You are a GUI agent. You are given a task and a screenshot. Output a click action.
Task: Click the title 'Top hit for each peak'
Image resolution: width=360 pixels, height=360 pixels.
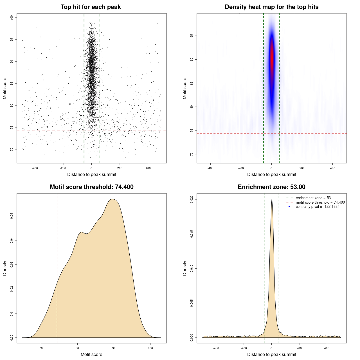(x=91, y=7)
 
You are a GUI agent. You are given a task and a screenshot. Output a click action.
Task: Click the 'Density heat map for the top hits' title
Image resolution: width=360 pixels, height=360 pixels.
(x=271, y=7)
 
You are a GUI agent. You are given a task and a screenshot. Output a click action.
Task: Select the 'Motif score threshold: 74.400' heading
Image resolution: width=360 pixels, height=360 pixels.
(x=91, y=187)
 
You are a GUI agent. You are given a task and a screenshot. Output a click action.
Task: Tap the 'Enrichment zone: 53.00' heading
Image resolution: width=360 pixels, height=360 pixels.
(x=271, y=187)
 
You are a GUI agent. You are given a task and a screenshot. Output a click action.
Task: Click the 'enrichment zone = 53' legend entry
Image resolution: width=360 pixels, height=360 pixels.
(x=313, y=198)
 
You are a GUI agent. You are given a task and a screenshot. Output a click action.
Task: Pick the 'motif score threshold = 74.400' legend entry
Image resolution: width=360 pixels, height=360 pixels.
(x=320, y=202)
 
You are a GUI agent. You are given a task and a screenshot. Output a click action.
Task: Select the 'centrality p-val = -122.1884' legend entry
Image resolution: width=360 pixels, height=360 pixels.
(x=318, y=207)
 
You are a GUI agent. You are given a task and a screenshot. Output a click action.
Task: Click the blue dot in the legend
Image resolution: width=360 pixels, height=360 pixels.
(x=289, y=207)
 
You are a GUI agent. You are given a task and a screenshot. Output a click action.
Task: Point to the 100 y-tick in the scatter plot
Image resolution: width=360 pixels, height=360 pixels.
(x=12, y=17)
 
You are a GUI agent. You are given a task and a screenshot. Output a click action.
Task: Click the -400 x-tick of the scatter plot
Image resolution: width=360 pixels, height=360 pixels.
(x=35, y=168)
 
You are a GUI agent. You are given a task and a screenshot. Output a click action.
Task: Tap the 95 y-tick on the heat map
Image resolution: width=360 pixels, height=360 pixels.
(x=192, y=36)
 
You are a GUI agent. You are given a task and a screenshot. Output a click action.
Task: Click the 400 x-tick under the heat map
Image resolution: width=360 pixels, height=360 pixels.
(x=332, y=168)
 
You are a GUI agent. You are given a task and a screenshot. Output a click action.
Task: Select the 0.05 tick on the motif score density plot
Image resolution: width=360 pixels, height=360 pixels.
(x=12, y=216)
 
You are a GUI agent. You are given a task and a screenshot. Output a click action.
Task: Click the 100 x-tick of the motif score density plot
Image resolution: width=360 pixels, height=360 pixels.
(x=150, y=348)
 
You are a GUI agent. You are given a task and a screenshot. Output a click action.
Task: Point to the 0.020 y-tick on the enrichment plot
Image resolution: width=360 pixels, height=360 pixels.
(x=192, y=200)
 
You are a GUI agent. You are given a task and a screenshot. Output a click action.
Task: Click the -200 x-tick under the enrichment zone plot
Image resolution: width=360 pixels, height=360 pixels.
(x=244, y=348)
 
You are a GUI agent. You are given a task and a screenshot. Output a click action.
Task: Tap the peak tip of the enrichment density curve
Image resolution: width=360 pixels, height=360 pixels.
(x=272, y=199)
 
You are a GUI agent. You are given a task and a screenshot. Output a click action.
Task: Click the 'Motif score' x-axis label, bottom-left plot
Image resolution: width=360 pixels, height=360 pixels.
(x=91, y=354)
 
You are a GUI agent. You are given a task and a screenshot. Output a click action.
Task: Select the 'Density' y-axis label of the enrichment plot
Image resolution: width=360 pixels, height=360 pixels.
(x=185, y=268)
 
